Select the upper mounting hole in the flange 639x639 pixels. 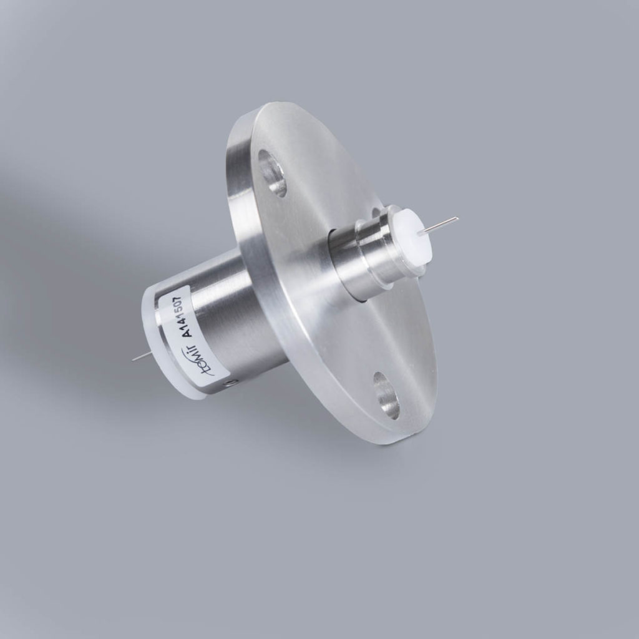pos(273,173)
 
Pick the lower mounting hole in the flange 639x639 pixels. pos(386,395)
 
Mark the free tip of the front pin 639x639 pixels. pos(457,218)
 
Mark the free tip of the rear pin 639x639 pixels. pos(134,360)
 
